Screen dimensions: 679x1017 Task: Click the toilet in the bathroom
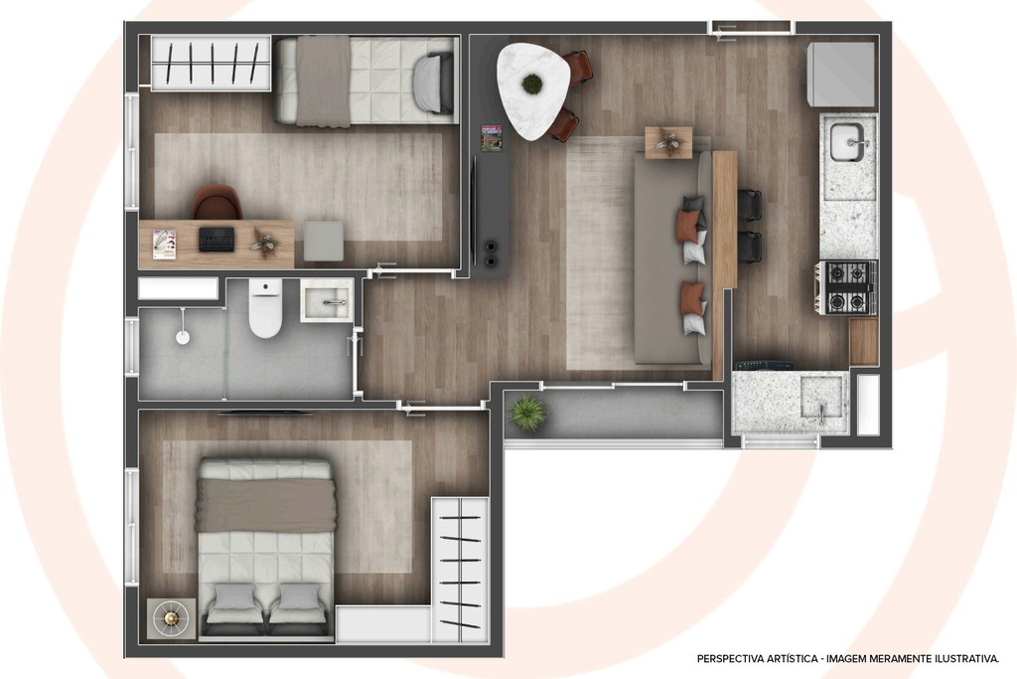[265, 310]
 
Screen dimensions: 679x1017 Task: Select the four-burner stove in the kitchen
[846, 287]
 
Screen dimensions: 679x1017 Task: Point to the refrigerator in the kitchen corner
[840, 75]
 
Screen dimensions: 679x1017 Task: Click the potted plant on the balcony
[527, 414]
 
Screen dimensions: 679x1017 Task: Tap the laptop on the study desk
[217, 239]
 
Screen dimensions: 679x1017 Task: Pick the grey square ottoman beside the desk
[323, 241]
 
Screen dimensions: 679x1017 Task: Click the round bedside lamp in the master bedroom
[171, 618]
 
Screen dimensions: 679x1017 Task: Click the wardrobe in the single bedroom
[211, 63]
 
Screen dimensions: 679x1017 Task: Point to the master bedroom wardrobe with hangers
[460, 567]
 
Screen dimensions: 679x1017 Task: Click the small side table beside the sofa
[668, 142]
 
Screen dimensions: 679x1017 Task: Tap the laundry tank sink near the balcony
[821, 400]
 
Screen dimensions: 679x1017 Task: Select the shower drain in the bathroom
[183, 338]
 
